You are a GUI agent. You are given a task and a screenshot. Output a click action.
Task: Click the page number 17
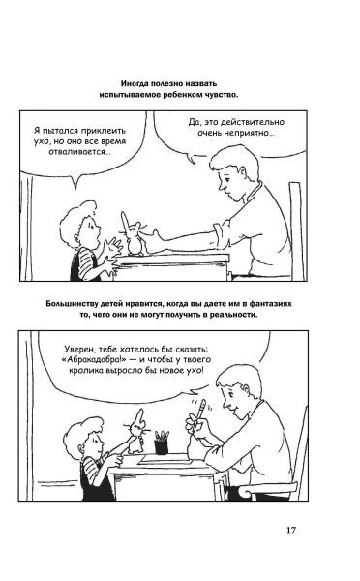[x=290, y=530]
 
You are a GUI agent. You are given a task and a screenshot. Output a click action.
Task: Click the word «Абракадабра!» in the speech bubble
[x=96, y=359]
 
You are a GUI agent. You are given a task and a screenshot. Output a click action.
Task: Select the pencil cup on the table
[x=161, y=443]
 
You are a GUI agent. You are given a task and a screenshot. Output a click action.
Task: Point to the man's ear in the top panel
[x=243, y=173]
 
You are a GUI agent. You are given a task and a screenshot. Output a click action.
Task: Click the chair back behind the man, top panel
[x=297, y=229]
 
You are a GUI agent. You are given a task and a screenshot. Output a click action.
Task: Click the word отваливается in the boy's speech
[x=78, y=152]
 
